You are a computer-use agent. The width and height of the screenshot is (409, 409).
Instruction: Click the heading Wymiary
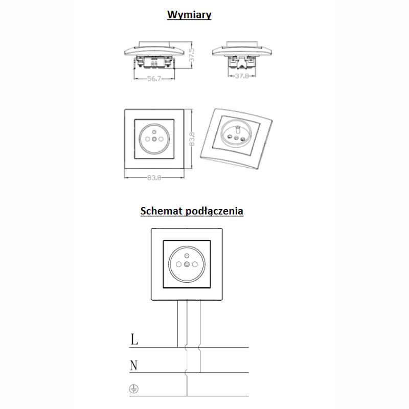click(189, 15)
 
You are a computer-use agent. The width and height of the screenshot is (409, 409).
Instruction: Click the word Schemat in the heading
click(162, 211)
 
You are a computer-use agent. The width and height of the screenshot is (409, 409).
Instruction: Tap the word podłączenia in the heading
click(214, 211)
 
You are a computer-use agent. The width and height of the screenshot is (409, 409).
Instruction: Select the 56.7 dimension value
click(154, 79)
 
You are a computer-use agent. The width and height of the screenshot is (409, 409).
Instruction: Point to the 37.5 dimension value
click(192, 55)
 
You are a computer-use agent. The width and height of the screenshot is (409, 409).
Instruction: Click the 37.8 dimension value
click(242, 76)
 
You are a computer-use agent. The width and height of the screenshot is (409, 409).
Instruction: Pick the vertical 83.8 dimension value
click(192, 139)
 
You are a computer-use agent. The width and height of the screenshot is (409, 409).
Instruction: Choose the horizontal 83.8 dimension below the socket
click(154, 177)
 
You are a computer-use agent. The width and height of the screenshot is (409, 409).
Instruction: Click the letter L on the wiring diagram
click(134, 339)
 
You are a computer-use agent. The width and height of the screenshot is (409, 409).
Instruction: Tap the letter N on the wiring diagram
click(133, 365)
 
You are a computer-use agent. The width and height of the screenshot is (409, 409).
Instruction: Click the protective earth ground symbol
click(134, 389)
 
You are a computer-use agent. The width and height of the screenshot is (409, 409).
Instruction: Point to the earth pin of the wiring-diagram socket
click(187, 255)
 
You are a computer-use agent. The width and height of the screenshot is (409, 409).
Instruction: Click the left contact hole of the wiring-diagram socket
click(178, 264)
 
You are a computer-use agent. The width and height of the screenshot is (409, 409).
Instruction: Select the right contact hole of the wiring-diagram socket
click(195, 264)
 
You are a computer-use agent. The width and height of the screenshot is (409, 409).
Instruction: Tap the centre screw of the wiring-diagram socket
click(187, 264)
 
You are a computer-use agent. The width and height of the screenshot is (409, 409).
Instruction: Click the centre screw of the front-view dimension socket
click(154, 139)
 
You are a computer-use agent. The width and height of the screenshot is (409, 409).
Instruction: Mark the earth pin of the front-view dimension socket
click(154, 132)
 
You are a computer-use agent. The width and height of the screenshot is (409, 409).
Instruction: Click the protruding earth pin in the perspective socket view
click(238, 129)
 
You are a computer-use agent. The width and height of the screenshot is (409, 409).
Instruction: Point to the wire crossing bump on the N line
click(186, 373)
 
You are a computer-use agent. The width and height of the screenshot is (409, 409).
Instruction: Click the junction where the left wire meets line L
click(177, 347)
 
